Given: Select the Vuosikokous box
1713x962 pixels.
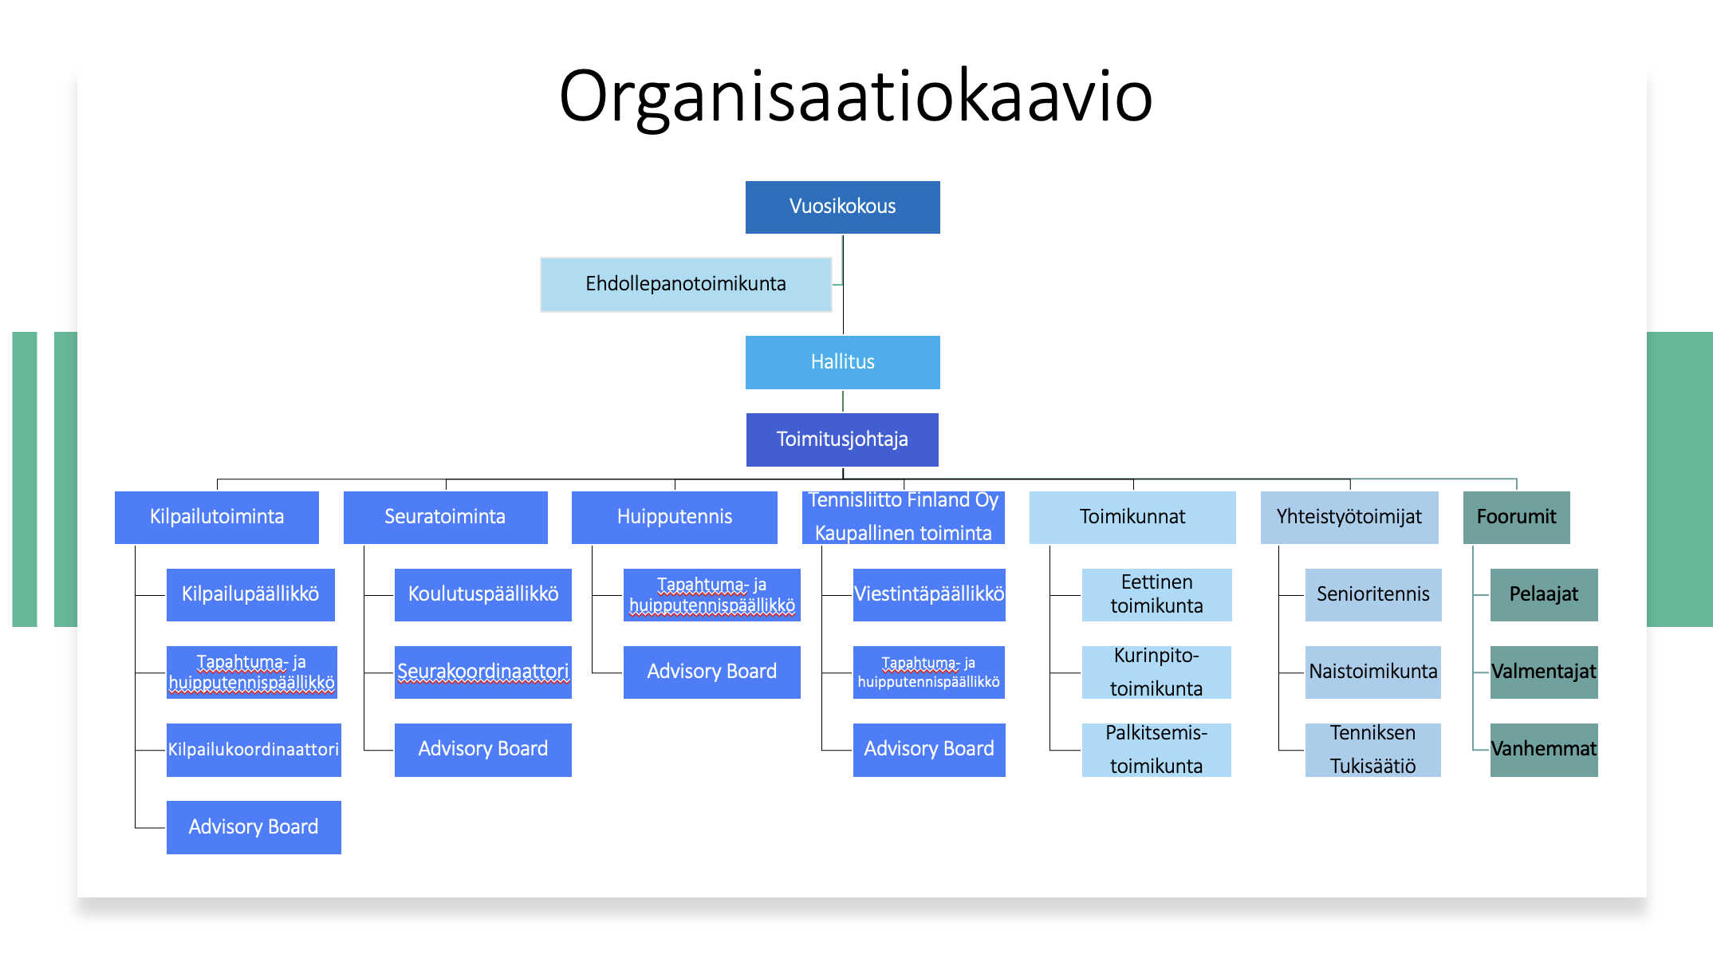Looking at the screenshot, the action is click(x=843, y=207).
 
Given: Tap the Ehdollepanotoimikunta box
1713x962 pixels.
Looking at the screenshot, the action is click(x=686, y=284).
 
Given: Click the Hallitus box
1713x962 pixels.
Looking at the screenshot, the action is click(x=843, y=362).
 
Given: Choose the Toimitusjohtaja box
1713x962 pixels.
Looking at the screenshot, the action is click(x=842, y=440).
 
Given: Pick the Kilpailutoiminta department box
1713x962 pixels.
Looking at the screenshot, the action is click(x=217, y=517).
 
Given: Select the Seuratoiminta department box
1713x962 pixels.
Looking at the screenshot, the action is click(x=446, y=517).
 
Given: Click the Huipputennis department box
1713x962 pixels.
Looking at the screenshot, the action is click(x=675, y=517).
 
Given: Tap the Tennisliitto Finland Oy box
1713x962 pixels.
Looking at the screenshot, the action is click(x=904, y=517).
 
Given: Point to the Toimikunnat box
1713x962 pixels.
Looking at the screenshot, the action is click(x=1132, y=517).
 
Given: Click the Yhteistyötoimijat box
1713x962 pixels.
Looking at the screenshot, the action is click(x=1349, y=517).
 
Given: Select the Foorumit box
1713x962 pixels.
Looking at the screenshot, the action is click(x=1517, y=517).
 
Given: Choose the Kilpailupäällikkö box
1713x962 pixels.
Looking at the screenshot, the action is click(x=250, y=594).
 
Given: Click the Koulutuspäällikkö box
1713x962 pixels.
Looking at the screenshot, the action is click(x=483, y=594).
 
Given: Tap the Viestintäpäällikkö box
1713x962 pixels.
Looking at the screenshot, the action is click(x=929, y=594).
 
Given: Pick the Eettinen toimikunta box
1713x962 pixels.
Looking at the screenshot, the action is click(x=1157, y=594).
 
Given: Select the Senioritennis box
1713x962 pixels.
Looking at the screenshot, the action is click(x=1373, y=594).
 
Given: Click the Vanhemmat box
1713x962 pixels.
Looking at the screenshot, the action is click(x=1544, y=750).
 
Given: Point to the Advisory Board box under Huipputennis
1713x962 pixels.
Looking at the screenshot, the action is click(x=712, y=672).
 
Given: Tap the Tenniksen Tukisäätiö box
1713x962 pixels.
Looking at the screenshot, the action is click(x=1373, y=750).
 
